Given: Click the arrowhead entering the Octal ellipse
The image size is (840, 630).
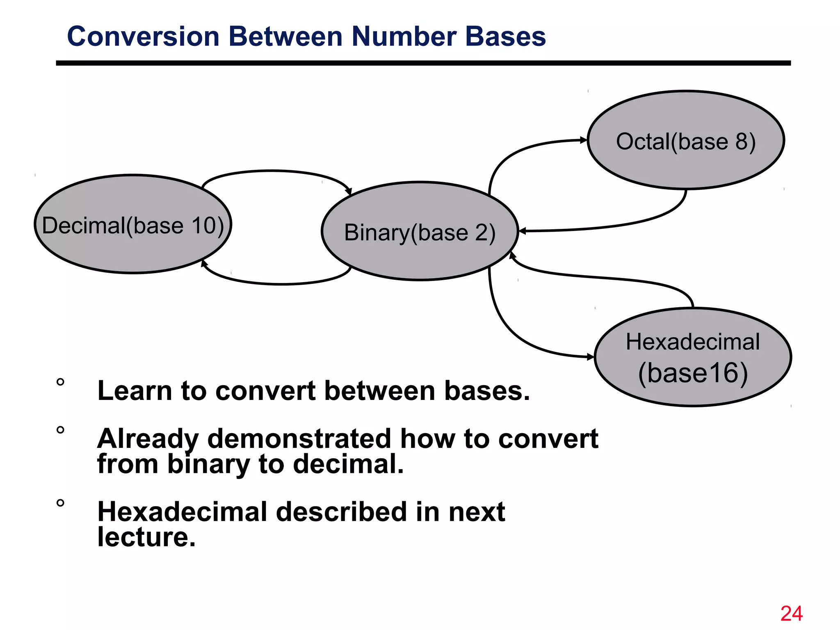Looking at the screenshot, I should pyautogui.click(x=584, y=140).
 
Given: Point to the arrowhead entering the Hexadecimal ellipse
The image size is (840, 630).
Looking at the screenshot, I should pyautogui.click(x=590, y=357).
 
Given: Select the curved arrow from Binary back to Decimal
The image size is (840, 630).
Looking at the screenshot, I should pyautogui.click(x=279, y=283).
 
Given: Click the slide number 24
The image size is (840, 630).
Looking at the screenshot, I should pyautogui.click(x=791, y=614).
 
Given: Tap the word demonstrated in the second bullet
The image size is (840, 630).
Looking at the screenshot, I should pyautogui.click(x=299, y=438).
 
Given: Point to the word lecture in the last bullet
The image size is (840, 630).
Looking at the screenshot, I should pyautogui.click(x=146, y=537).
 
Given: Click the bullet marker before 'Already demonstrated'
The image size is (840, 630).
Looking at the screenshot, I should pyautogui.click(x=60, y=430).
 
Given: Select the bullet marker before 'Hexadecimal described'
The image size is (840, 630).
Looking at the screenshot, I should pyautogui.click(x=60, y=503).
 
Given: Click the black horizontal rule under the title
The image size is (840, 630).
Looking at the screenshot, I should pyautogui.click(x=422, y=63).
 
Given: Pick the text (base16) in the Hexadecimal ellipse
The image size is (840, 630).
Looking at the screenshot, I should pyautogui.click(x=693, y=373).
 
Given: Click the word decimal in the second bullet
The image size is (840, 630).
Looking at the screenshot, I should pyautogui.click(x=348, y=464).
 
